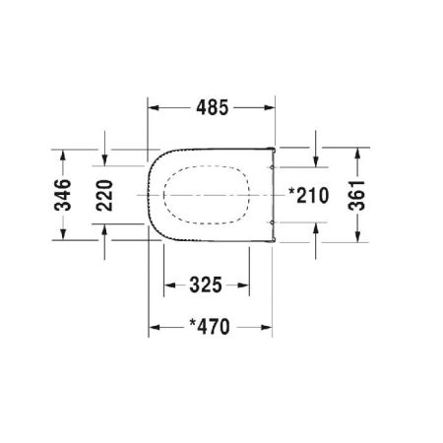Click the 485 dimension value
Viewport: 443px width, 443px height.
coord(212,107)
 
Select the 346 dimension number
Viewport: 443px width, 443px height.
coord(63,195)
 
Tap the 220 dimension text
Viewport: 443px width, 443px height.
coord(104,195)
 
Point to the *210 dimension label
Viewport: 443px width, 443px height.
coord(308,195)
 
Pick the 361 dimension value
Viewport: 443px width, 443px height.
coord(357,195)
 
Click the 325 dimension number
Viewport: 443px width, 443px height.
coord(206,285)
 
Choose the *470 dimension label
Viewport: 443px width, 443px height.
coord(210,327)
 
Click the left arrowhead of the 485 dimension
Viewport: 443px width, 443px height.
coord(154,107)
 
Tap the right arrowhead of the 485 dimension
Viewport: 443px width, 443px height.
coord(269,107)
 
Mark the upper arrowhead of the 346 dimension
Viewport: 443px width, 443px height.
coord(63,156)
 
